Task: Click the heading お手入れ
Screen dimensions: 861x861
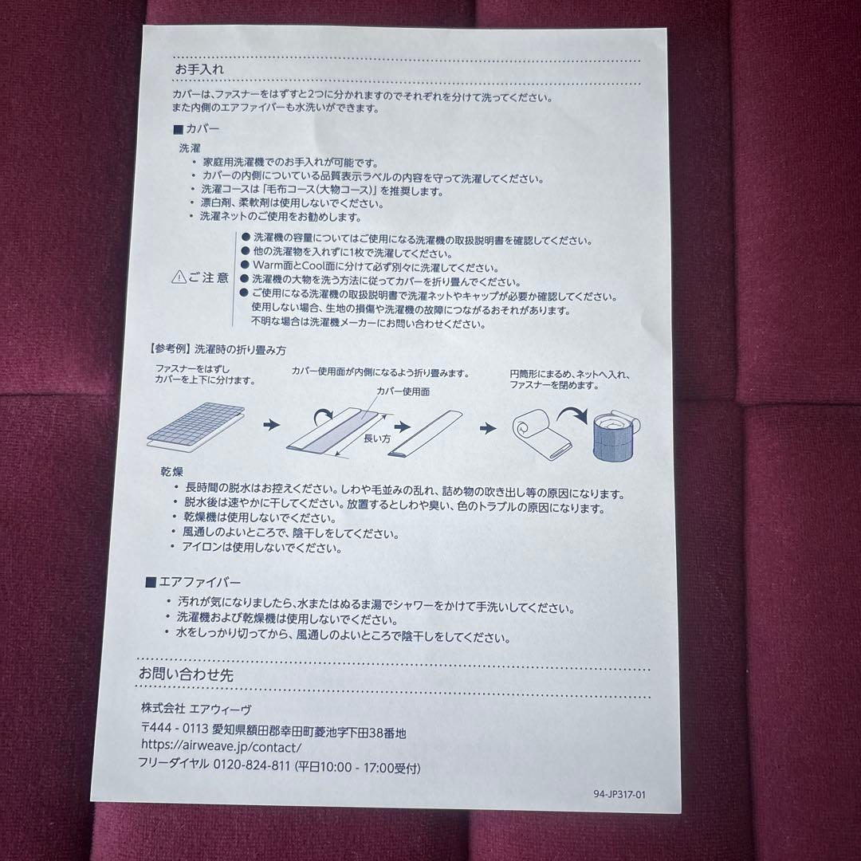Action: point(199,69)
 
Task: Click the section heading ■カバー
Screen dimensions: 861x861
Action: point(195,129)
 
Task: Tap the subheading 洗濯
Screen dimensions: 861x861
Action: point(191,147)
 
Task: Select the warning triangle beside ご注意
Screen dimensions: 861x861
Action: point(179,278)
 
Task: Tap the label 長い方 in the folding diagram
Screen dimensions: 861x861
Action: point(376,438)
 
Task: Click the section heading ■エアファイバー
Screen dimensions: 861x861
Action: point(193,583)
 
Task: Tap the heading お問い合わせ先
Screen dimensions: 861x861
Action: point(186,674)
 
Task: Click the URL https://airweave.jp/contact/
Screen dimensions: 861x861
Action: point(221,748)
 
